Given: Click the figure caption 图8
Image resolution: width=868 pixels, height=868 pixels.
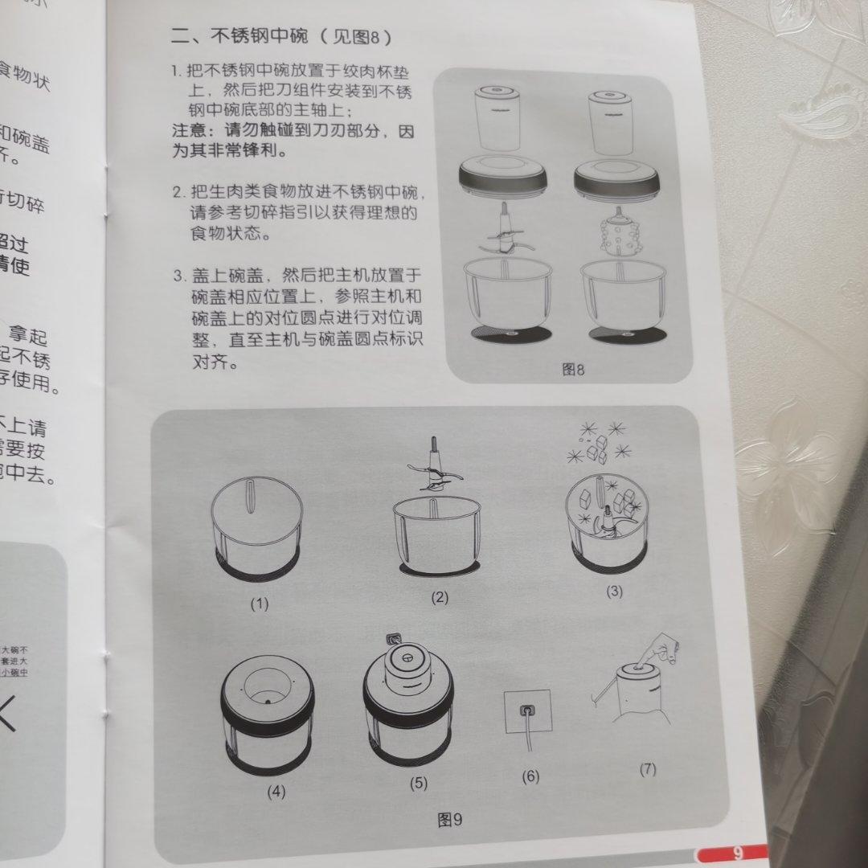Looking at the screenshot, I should click(573, 369).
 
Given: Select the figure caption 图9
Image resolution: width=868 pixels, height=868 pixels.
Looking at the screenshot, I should click(450, 819).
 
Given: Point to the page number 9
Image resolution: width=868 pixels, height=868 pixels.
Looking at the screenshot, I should click(736, 854).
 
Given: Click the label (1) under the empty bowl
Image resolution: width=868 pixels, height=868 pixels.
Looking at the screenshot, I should click(259, 604).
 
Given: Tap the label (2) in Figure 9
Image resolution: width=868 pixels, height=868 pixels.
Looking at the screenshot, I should click(440, 597).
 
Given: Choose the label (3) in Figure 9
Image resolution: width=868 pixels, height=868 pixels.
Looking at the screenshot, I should click(614, 592).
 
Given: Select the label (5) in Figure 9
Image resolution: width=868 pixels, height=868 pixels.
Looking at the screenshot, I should click(418, 783).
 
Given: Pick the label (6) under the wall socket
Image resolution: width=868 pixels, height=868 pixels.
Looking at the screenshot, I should click(530, 776).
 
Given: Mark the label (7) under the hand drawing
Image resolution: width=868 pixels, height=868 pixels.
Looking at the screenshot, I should click(648, 768).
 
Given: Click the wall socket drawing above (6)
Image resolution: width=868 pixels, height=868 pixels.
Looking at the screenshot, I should click(527, 711).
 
